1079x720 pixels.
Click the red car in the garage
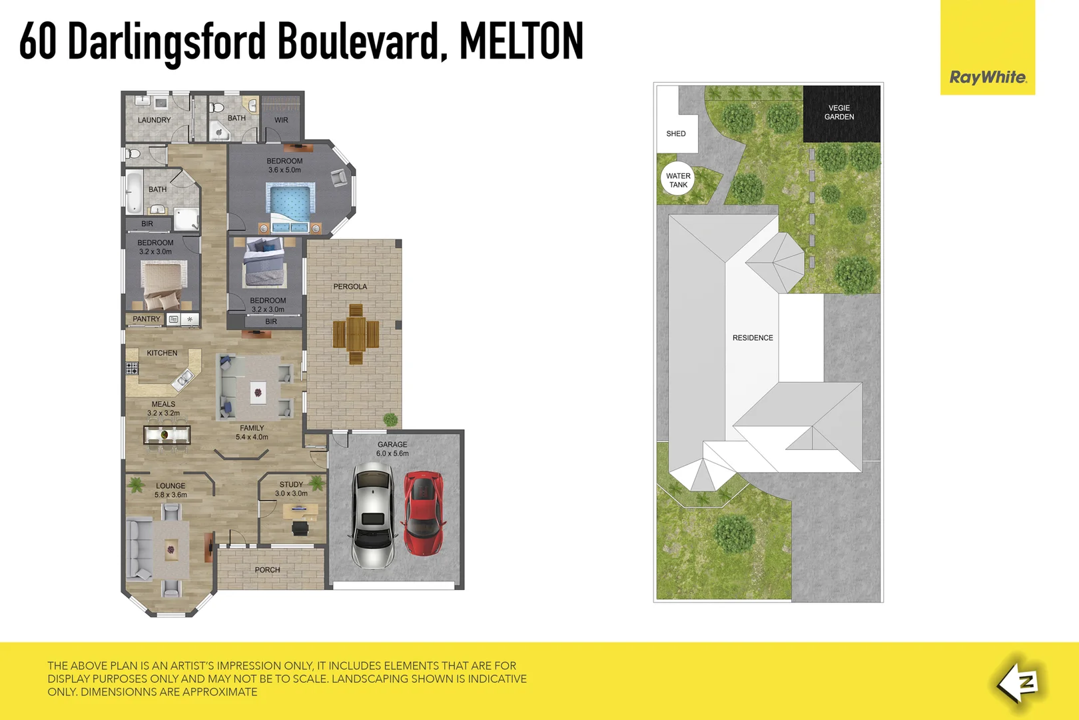tap(423, 513)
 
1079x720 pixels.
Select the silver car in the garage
tap(373, 517)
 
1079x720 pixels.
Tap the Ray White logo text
tap(988, 77)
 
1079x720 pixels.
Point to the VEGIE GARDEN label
tap(839, 112)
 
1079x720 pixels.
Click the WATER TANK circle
tap(678, 180)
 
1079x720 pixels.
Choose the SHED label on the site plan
tap(676, 133)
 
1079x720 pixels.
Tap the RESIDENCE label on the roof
tap(753, 338)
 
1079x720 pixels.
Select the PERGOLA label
tap(350, 287)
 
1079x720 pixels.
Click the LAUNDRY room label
tap(154, 120)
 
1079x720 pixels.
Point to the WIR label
tap(281, 120)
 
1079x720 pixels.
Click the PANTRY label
tap(146, 319)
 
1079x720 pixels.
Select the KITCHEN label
tap(162, 353)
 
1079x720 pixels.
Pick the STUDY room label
tap(291, 485)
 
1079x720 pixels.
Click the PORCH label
tap(267, 570)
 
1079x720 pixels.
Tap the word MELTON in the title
tap(521, 41)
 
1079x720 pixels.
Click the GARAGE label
tap(392, 445)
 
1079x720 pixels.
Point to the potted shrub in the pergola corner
tap(390, 419)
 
